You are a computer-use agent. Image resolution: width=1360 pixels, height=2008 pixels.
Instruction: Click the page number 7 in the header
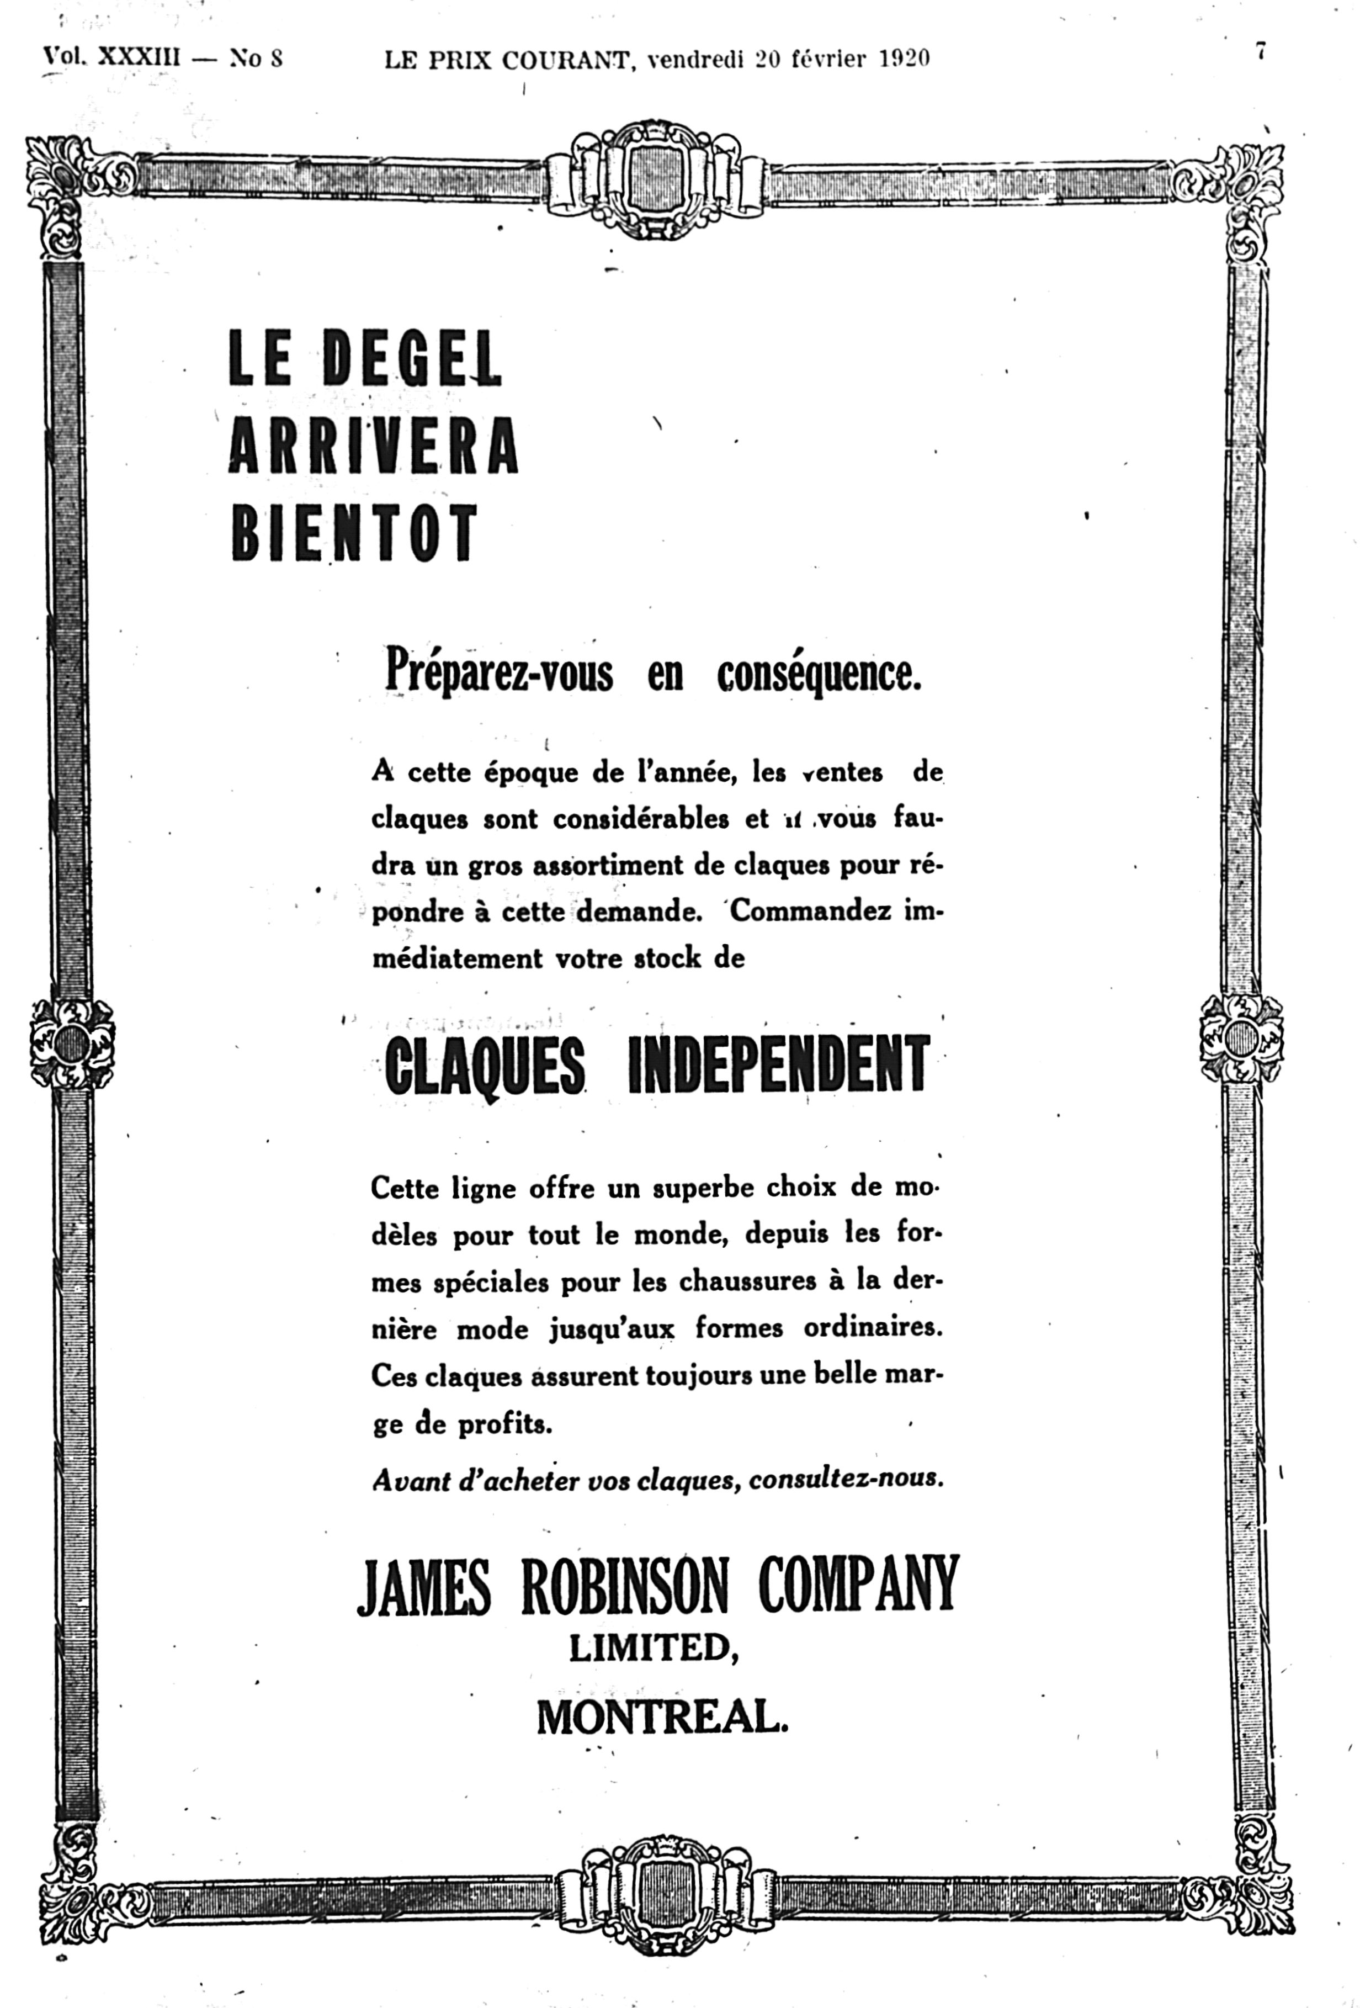point(1261,52)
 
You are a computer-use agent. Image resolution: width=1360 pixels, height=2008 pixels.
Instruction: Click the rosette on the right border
point(1242,1037)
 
